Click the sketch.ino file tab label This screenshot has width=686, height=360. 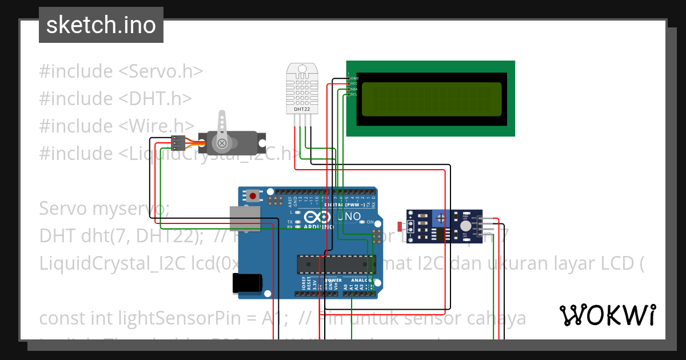pos(101,25)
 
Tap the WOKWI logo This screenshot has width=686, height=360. pos(607,315)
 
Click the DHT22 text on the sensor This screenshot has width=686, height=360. pos(302,108)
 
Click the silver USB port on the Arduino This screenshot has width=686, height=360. pos(244,218)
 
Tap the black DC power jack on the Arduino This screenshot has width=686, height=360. pos(247,283)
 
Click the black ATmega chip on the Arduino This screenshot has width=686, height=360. pos(332,264)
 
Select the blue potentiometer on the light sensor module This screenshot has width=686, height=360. pos(439,218)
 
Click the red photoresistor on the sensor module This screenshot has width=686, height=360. pos(399,227)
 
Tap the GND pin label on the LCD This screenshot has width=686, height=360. pos(354,78)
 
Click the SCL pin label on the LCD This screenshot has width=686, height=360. pos(354,94)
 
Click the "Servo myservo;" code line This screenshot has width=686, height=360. pos(104,209)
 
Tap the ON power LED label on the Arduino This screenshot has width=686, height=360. pos(370,222)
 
